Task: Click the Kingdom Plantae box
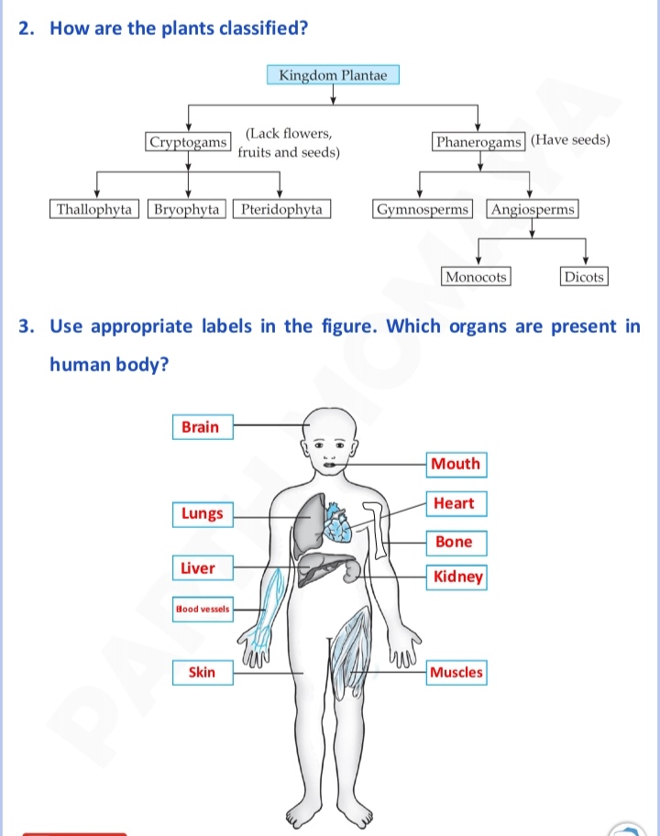(x=333, y=74)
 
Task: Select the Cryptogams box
(x=188, y=142)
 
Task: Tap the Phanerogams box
(x=478, y=142)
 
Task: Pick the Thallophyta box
(x=94, y=209)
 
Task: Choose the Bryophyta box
(x=187, y=209)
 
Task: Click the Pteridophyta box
(x=281, y=209)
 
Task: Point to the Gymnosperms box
(x=423, y=209)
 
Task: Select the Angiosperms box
(x=532, y=209)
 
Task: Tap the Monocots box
(x=476, y=277)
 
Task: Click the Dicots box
(x=584, y=277)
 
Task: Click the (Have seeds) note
(x=570, y=139)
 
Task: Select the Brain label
(x=203, y=427)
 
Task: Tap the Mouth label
(x=456, y=464)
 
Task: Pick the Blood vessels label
(x=203, y=609)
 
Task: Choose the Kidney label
(x=456, y=577)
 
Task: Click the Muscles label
(x=456, y=672)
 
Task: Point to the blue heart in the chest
(x=338, y=523)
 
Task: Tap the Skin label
(x=203, y=672)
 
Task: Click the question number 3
(x=26, y=326)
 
